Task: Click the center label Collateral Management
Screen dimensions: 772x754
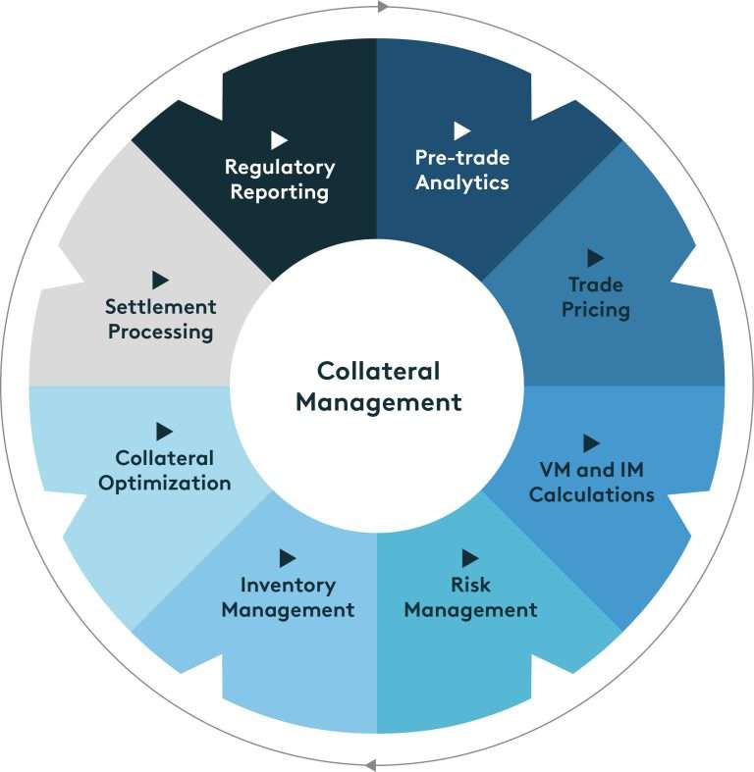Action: (378, 386)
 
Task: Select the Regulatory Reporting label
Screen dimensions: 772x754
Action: (280, 180)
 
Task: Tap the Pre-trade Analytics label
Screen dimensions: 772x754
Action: (462, 170)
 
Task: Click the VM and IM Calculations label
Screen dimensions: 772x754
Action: (591, 482)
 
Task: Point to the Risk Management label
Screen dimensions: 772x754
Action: (470, 597)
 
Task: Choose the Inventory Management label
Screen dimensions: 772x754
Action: (288, 597)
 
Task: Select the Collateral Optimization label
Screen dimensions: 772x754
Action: (173, 470)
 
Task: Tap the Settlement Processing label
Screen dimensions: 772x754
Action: (160, 319)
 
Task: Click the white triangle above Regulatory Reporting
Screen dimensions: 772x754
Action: (279, 140)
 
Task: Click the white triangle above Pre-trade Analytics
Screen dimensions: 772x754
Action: (461, 130)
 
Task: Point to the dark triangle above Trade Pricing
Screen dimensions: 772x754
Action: (595, 258)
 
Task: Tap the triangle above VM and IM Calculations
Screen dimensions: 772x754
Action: (591, 442)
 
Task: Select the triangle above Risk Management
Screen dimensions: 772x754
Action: (469, 558)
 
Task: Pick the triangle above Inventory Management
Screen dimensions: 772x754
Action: (287, 558)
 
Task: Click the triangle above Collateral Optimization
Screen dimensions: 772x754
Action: (164, 431)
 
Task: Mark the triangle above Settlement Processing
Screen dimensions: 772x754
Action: (160, 281)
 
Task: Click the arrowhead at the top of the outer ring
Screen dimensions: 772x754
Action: (382, 7)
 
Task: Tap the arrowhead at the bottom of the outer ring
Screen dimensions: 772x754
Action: (370, 764)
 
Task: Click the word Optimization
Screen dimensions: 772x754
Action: (173, 483)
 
